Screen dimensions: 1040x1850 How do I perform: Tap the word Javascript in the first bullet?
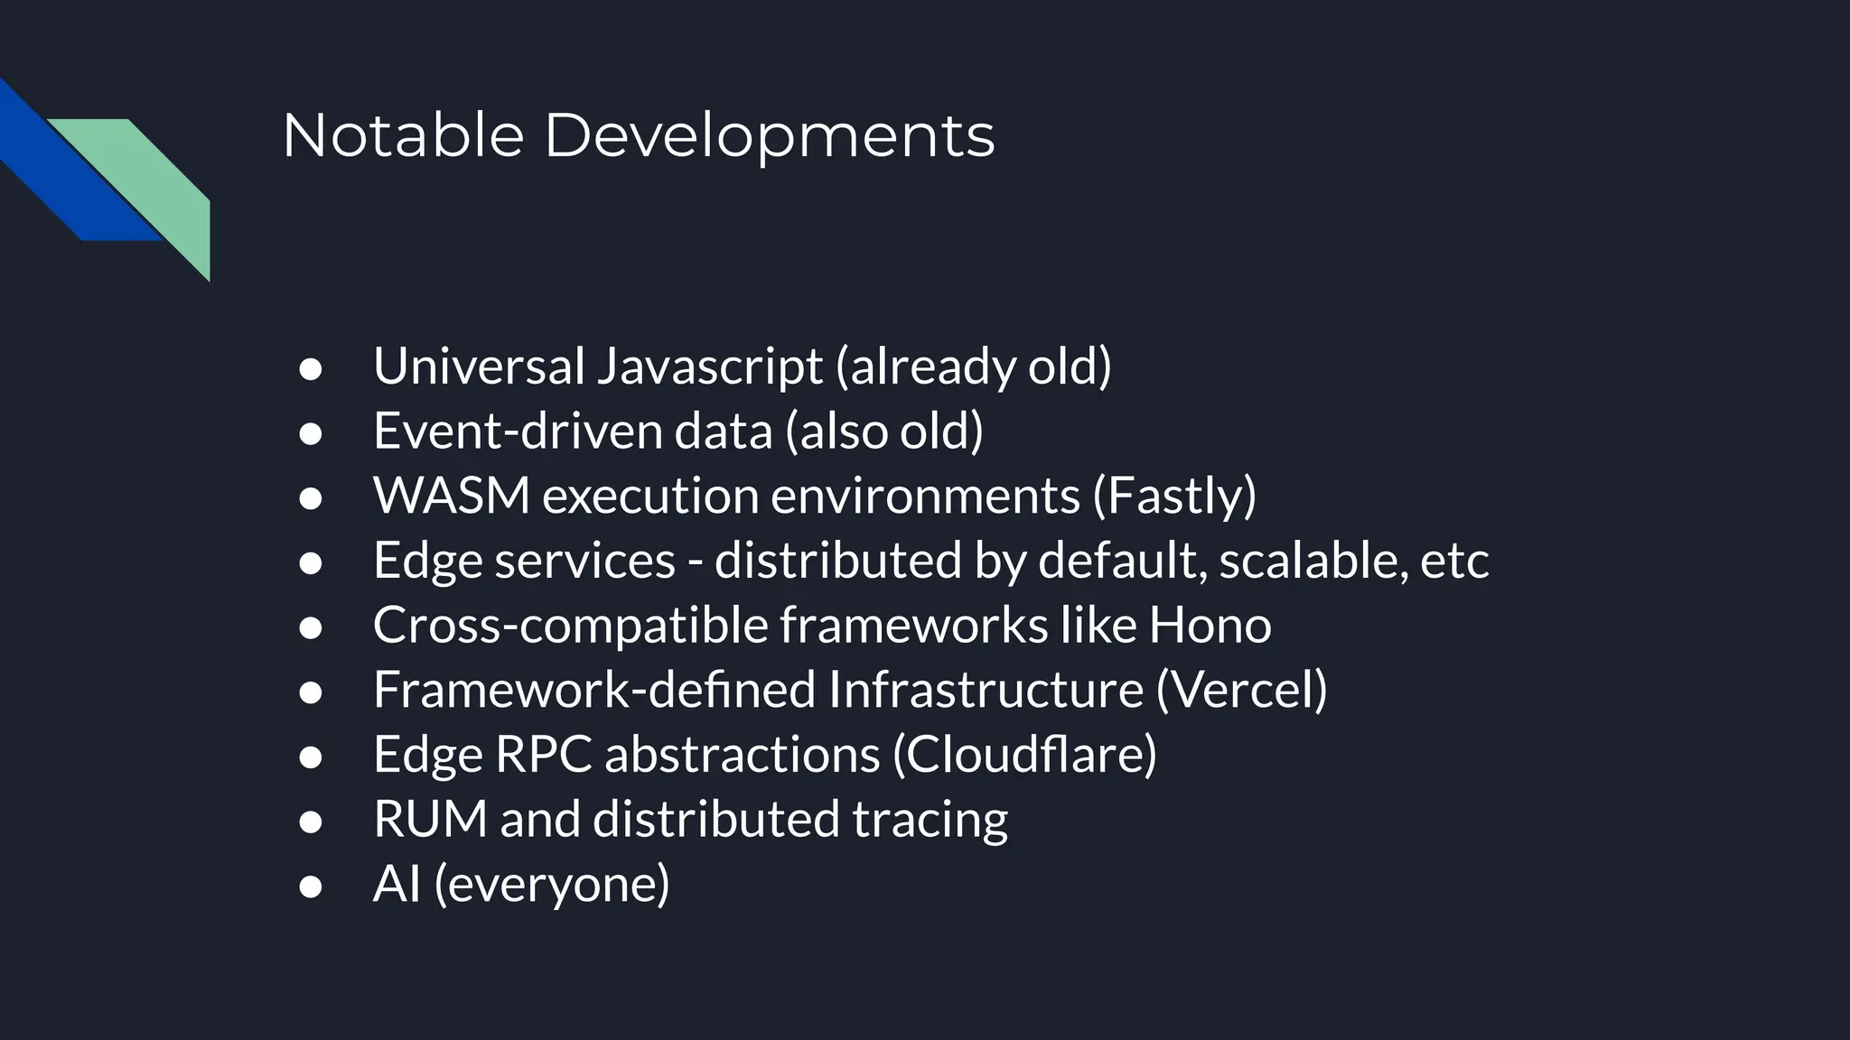click(x=709, y=367)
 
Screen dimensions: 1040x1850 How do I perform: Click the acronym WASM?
click(x=451, y=496)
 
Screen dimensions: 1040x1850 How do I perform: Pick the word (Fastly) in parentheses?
click(x=1174, y=496)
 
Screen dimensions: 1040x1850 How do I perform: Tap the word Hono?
click(x=1210, y=625)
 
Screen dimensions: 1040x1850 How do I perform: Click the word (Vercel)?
click(x=1241, y=690)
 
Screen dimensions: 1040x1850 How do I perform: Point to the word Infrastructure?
click(x=986, y=690)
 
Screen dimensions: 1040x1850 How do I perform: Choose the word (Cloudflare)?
click(x=1024, y=754)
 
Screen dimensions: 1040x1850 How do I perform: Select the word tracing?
click(x=930, y=819)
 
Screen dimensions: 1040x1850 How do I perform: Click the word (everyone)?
click(x=552, y=884)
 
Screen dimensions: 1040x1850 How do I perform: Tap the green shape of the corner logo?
click(x=154, y=181)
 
